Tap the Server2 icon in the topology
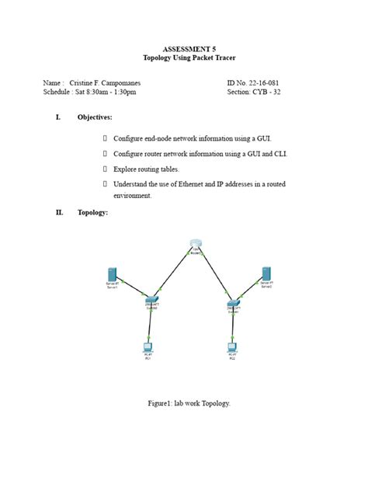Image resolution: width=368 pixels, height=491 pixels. pos(266,273)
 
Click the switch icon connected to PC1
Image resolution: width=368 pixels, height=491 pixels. pos(151,300)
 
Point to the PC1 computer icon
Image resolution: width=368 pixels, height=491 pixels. pos(147,347)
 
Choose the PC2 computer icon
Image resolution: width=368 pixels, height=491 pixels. pos(231,347)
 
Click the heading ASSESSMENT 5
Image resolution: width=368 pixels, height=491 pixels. pos(184,49)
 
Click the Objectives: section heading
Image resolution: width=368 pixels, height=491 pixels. pos(95,117)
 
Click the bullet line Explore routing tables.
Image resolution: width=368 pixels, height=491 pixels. pos(146,169)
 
